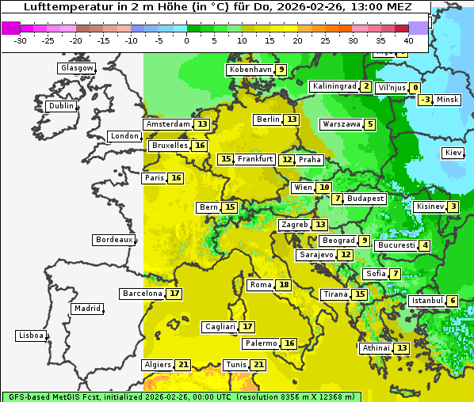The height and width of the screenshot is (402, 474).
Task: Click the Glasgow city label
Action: [x=76, y=68]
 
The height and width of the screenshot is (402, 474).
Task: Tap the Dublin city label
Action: [x=61, y=106]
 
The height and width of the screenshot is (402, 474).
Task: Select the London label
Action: [x=124, y=136]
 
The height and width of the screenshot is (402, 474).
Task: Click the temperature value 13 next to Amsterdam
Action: [x=202, y=124]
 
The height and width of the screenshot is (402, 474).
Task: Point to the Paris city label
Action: [x=154, y=178]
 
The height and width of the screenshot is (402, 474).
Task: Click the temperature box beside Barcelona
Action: [x=174, y=294]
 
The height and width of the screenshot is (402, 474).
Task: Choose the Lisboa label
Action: [x=30, y=336]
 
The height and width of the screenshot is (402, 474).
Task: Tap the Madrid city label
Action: [x=86, y=309]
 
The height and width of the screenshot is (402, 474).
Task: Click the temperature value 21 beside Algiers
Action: [x=183, y=365]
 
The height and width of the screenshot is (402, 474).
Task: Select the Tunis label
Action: [x=236, y=365]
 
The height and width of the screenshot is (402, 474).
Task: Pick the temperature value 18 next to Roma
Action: [x=284, y=285]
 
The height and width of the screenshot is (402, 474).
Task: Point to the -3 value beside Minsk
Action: [x=426, y=100]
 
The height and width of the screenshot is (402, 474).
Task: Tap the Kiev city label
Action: [x=453, y=153]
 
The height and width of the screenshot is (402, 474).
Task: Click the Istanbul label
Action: [x=426, y=301]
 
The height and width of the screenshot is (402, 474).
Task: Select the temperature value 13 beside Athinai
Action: [x=402, y=348]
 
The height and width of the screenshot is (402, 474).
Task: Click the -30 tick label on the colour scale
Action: [x=21, y=41]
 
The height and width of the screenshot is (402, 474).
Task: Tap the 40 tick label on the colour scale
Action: [x=408, y=41]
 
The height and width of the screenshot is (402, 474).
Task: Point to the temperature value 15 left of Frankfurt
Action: [x=226, y=159]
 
